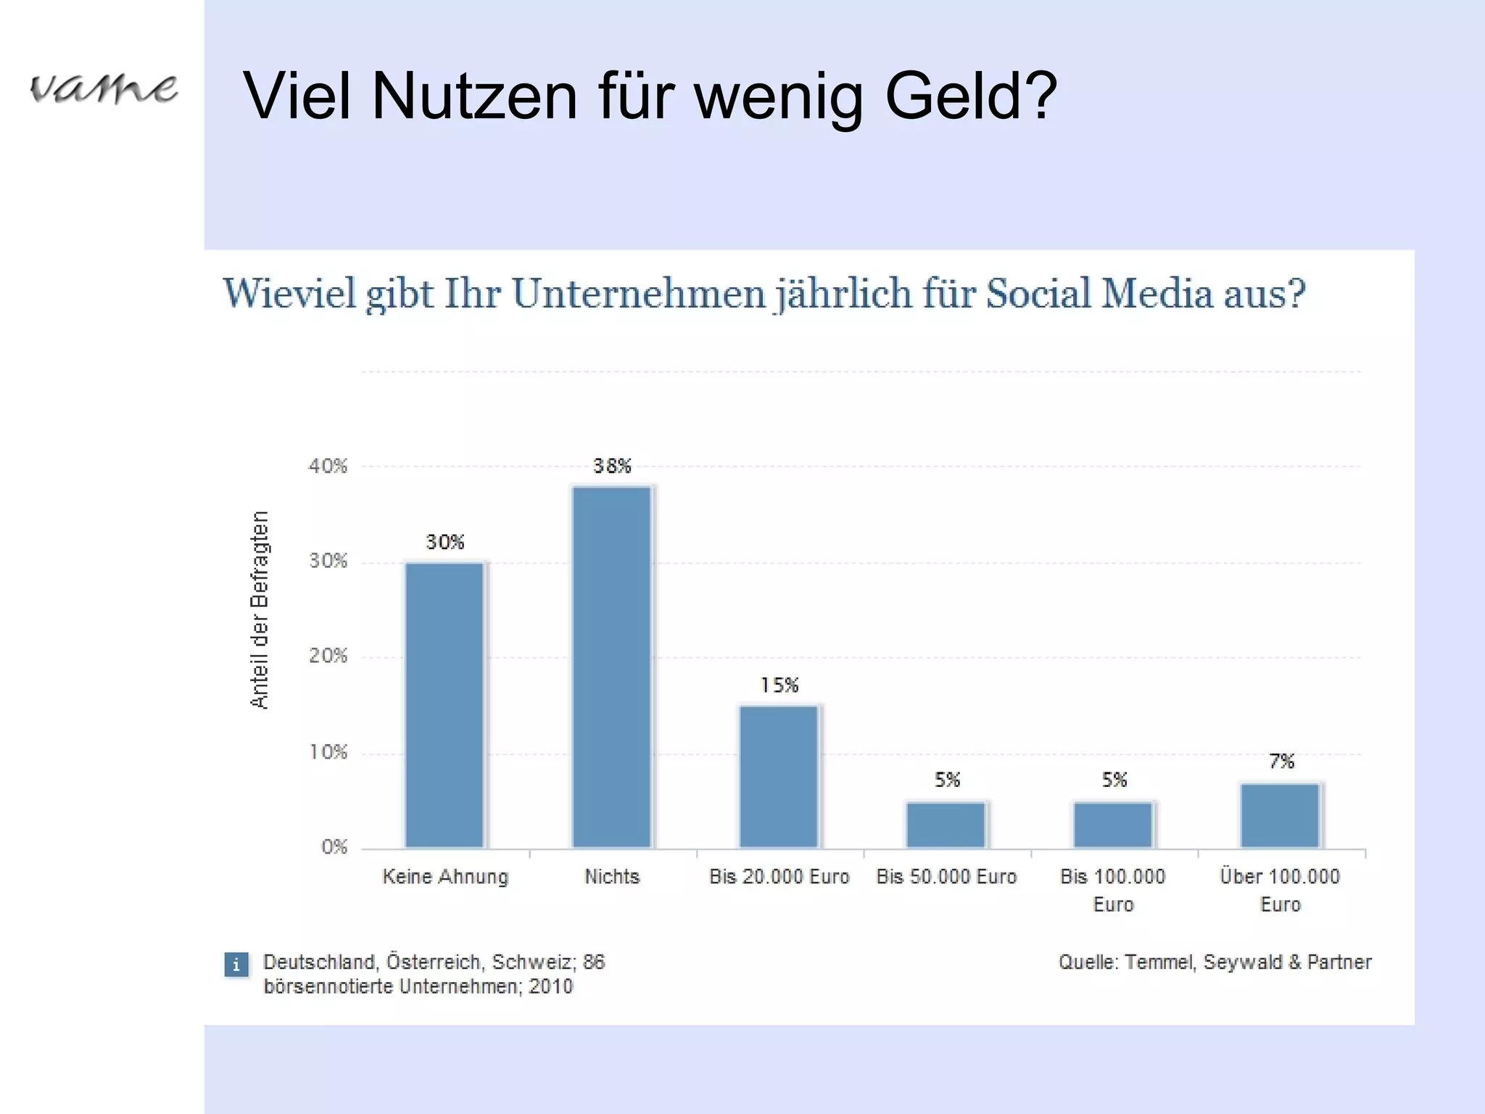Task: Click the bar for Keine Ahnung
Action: (444, 705)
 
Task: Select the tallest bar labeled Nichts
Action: (612, 667)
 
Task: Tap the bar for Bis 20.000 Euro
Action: (779, 776)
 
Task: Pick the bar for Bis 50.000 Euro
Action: (946, 825)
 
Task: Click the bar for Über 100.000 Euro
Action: (1281, 815)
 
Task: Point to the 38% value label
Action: (612, 466)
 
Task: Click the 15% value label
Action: (779, 685)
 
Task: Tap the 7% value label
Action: (1281, 762)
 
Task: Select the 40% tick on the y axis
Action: (328, 466)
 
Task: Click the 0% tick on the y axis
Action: (334, 847)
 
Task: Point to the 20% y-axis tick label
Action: (328, 656)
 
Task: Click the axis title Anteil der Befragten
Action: (260, 609)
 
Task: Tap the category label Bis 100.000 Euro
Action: (1113, 890)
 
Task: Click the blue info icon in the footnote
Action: (236, 965)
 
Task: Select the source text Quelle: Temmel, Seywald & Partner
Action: (1215, 962)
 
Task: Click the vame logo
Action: (103, 89)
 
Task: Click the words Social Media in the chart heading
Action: (1099, 294)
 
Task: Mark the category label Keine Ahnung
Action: (445, 877)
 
